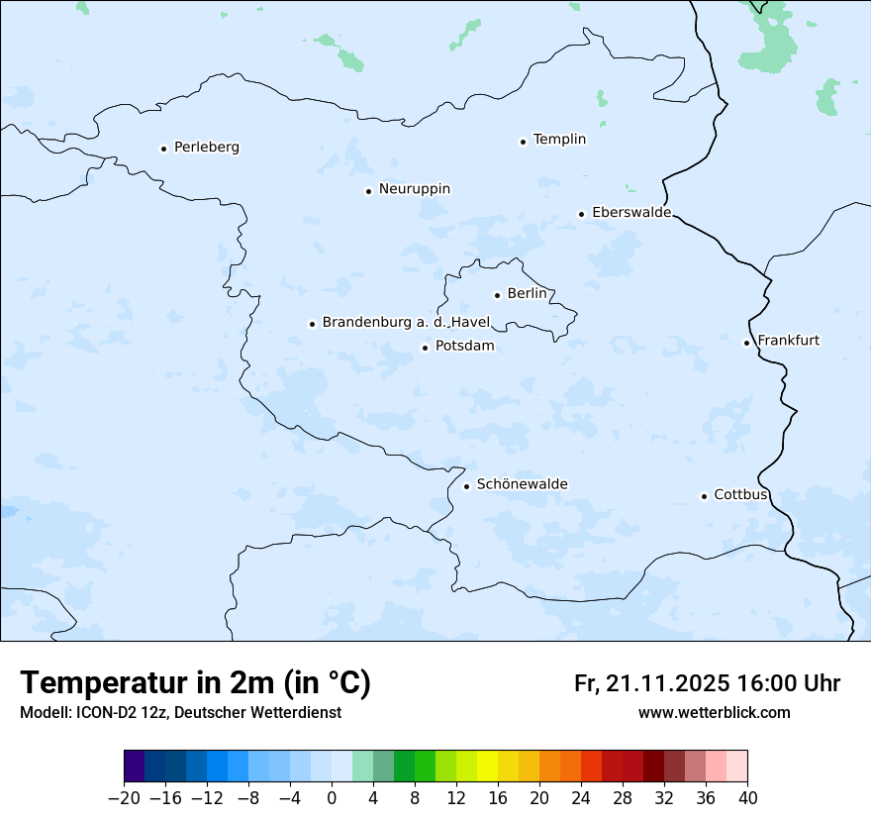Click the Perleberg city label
[206, 148]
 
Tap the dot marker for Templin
[523, 142]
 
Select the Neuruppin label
[414, 189]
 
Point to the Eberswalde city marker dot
[581, 214]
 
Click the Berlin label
[527, 294]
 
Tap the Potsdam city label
[464, 347]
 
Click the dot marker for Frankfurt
[746, 343]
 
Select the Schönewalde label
[522, 485]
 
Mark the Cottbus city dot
[704, 496]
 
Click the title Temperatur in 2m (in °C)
[196, 683]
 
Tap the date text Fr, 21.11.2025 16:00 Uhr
[707, 684]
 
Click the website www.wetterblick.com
[714, 713]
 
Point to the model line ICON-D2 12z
[180, 713]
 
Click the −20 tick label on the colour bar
[124, 798]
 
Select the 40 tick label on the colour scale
[747, 798]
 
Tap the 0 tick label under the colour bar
[332, 798]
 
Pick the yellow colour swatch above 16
[487, 767]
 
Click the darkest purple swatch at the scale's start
[135, 767]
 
